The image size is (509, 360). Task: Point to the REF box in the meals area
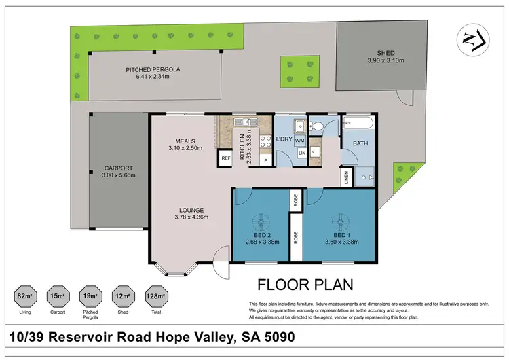225,159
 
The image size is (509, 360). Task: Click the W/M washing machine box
299,141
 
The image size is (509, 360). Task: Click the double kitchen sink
242,122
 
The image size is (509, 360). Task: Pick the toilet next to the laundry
316,126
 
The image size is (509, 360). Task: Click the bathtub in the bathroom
358,124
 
